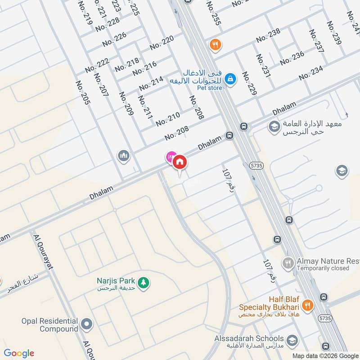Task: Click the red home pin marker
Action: (x=180, y=162)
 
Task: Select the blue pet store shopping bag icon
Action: (x=230, y=79)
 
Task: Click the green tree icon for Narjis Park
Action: (x=144, y=283)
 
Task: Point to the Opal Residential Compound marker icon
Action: (x=87, y=324)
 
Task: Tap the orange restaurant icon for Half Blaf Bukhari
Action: (x=307, y=305)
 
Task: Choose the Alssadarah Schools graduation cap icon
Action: (x=292, y=340)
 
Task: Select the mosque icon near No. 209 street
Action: (x=123, y=156)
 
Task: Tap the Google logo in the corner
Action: (x=19, y=353)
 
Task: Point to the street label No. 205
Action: (x=83, y=93)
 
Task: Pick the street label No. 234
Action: (x=311, y=73)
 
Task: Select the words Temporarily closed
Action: (x=323, y=268)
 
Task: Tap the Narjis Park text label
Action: (x=116, y=280)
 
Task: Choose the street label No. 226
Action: (x=114, y=40)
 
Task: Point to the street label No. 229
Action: (x=249, y=83)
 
